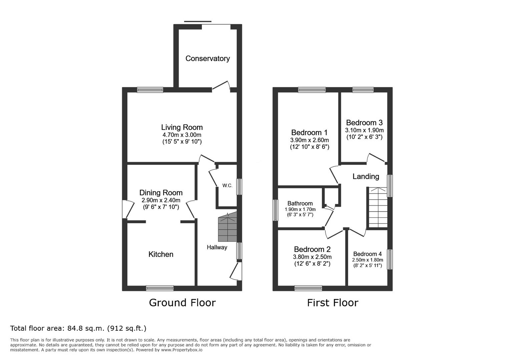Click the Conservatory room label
tap(207, 59)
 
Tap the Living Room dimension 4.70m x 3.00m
tap(182, 135)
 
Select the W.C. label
tap(227, 186)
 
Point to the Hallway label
tap(217, 247)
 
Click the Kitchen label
tap(161, 254)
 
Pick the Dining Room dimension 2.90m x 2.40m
tap(161, 200)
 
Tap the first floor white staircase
tap(378, 207)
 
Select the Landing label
tap(366, 176)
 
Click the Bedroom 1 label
tap(309, 133)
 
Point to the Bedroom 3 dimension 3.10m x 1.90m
tap(365, 130)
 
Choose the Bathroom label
tap(300, 203)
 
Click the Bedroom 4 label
tap(367, 254)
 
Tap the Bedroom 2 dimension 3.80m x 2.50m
tap(312, 257)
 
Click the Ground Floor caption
tap(182, 303)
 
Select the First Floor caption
tap(333, 303)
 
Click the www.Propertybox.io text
tap(182, 350)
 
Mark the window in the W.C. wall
tap(239, 187)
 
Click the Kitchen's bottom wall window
tap(160, 288)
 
